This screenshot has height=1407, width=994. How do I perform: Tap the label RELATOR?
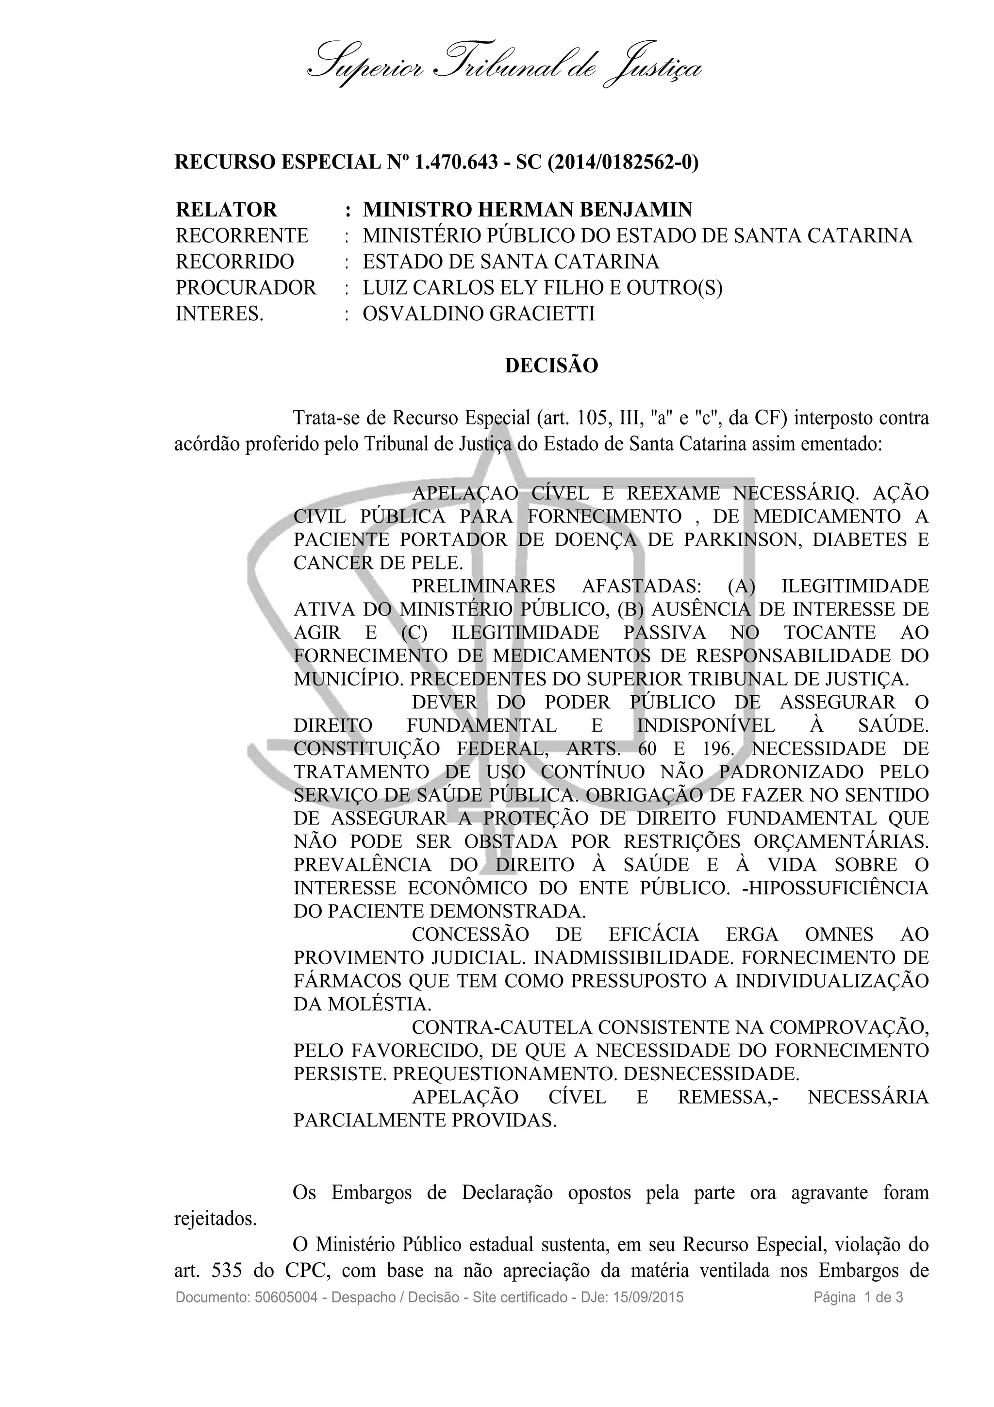226,210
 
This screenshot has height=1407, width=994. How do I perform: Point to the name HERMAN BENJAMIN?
584,210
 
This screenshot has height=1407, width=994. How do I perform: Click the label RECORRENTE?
242,235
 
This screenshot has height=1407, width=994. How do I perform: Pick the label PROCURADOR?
246,287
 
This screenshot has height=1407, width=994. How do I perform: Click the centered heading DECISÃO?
551,366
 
